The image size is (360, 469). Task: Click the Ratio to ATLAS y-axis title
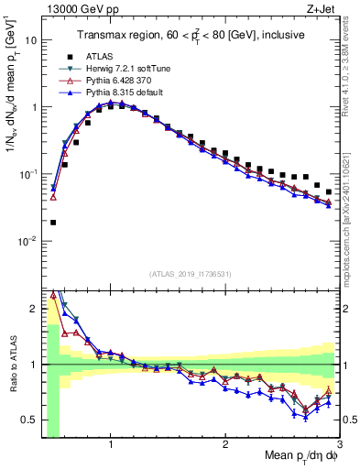12,364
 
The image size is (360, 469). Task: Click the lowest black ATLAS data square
53,222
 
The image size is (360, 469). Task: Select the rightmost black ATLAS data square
329,191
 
